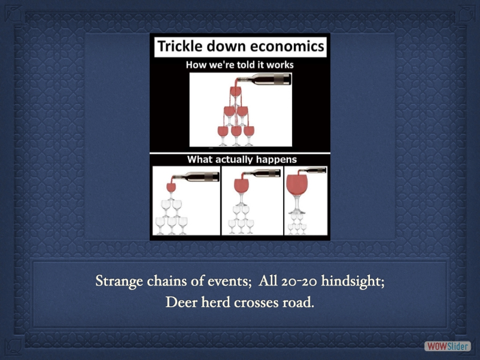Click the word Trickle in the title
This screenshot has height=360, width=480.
pos(180,47)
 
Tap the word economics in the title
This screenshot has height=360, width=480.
pos(287,47)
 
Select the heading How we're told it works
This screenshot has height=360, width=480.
pos(239,65)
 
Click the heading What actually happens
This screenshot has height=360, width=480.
pos(242,159)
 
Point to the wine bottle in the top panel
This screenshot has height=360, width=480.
pos(265,79)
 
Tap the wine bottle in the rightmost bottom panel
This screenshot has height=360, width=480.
pos(312,170)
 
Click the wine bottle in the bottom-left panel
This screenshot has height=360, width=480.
pos(196,177)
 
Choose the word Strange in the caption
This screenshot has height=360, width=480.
pos(119,282)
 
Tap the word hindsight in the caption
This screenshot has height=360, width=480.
pos(351,282)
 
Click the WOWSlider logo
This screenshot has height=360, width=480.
pos(447,346)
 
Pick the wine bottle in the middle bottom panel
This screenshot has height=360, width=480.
pos(262,173)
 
